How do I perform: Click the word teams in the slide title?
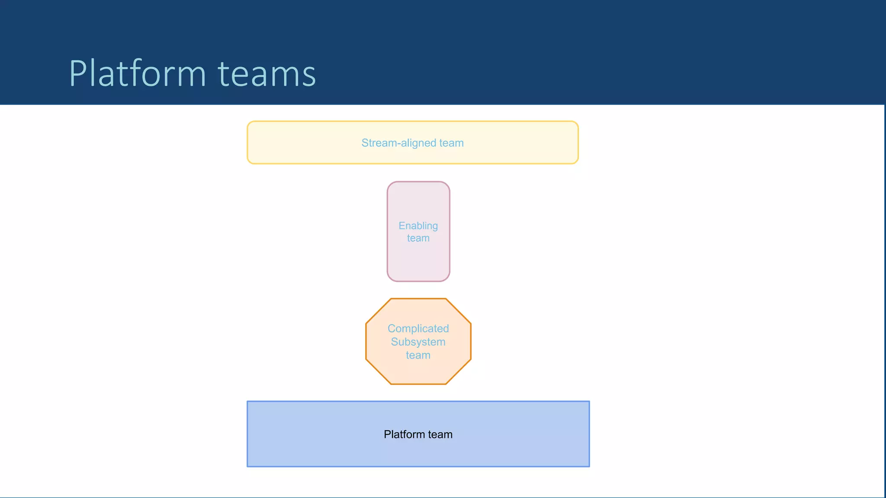tap(266, 74)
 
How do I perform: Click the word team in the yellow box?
tap(451, 143)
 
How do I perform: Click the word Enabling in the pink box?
tap(418, 226)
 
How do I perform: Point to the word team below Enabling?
tap(418, 238)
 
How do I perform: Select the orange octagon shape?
tap(418, 372)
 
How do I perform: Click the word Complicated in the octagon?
tap(418, 329)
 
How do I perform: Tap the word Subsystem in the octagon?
tap(418, 342)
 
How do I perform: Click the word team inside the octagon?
tap(418, 355)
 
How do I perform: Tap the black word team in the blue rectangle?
tap(440, 434)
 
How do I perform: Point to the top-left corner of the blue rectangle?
tap(248, 402)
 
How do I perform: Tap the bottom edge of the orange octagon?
tap(418, 384)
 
